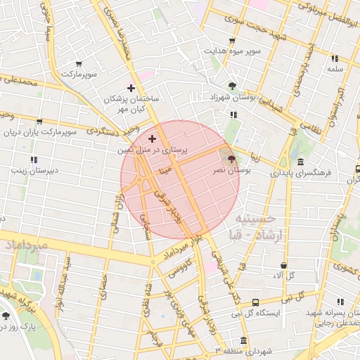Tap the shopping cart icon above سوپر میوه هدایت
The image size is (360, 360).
pyautogui.click(x=233, y=41)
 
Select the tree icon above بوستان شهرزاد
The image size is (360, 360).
pyautogui.click(x=233, y=85)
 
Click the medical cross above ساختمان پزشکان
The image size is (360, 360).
pyautogui.click(x=130, y=88)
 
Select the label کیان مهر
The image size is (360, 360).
pyautogui.click(x=130, y=110)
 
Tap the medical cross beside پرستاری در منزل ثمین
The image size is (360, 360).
pyautogui.click(x=153, y=139)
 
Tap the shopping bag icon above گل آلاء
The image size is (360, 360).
pyautogui.click(x=283, y=266)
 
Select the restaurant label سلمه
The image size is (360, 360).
pyautogui.click(x=335, y=70)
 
